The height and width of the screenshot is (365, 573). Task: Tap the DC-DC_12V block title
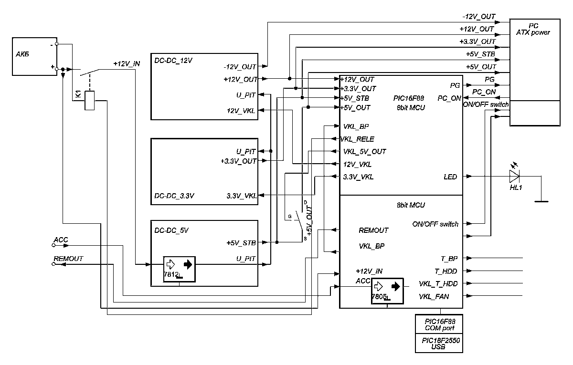tap(173, 61)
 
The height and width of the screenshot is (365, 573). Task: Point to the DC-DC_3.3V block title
tap(174, 196)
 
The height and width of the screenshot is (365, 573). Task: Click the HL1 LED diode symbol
tap(514, 177)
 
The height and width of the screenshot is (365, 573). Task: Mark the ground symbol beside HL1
tap(541, 201)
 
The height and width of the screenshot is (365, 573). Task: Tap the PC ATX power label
tap(533, 29)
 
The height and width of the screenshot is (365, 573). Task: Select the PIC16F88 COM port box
tap(440, 325)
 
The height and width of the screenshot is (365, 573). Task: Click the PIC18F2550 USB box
tap(440, 344)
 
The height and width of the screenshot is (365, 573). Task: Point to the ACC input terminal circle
tap(53, 246)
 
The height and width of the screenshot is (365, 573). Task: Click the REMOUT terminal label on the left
tap(68, 259)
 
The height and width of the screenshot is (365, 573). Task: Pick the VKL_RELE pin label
tap(357, 139)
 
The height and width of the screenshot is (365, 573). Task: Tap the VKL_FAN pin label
tap(434, 296)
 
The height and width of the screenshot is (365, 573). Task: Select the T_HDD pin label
tap(446, 271)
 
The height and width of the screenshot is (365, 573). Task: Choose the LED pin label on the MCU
tap(450, 177)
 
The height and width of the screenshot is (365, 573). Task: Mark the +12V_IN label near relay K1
tap(127, 63)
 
